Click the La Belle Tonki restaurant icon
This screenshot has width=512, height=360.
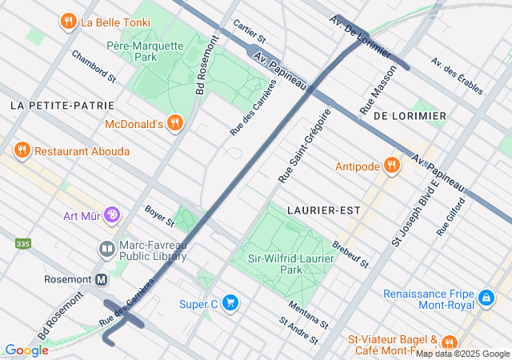(70, 22)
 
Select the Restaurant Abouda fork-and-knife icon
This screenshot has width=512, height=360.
(22, 150)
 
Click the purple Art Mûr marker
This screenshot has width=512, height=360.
(113, 215)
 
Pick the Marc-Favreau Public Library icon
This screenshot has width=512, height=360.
(107, 250)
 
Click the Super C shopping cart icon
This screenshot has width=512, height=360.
(230, 303)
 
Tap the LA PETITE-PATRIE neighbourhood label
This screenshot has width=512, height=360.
(62, 106)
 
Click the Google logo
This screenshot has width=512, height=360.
(26, 350)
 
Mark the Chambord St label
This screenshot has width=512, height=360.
(94, 66)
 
